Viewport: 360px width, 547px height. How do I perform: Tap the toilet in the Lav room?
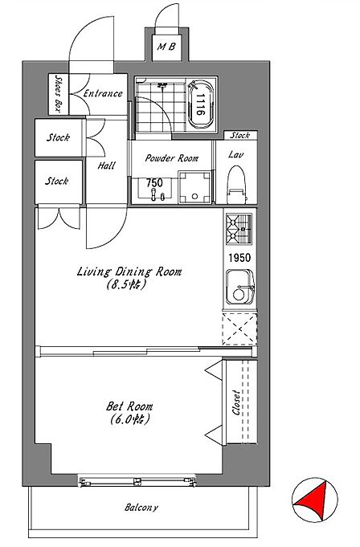(x=236, y=185)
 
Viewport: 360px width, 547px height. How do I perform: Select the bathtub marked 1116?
(x=200, y=104)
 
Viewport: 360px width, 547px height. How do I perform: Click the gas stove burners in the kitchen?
(x=239, y=229)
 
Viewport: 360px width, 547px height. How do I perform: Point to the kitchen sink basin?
(x=240, y=287)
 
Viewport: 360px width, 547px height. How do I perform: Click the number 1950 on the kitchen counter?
(x=239, y=258)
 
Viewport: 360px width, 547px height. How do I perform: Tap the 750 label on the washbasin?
(x=154, y=182)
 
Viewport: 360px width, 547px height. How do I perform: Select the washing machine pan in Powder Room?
(x=194, y=187)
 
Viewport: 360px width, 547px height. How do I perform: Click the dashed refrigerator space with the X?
(x=239, y=329)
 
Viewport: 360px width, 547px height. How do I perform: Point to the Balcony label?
(x=141, y=507)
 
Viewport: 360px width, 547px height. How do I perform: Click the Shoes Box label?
(x=58, y=94)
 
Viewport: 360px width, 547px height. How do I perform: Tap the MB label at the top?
(x=167, y=47)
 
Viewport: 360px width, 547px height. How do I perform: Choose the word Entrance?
(x=103, y=93)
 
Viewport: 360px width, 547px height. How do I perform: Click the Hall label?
(x=106, y=165)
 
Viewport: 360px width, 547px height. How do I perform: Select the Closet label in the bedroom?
(x=236, y=402)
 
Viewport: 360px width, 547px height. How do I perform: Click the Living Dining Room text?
(x=129, y=271)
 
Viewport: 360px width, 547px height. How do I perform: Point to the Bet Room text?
(x=129, y=406)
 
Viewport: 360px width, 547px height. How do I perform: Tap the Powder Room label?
(x=172, y=158)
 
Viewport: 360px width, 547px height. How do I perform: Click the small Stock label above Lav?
(x=240, y=135)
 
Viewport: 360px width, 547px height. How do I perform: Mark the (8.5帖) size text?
(x=125, y=284)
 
